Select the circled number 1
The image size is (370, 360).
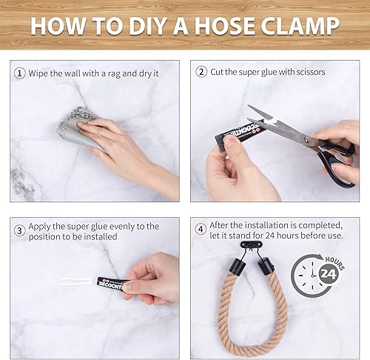point(19,73)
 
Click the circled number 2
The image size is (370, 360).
point(201,72)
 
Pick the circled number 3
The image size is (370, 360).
point(19,231)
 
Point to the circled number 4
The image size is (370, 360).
point(201,230)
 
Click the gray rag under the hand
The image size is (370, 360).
point(79,128)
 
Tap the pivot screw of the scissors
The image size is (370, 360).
point(306,139)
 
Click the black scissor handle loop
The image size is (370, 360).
point(338,169)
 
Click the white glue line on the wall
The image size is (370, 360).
point(78,281)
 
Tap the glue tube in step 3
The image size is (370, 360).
point(112,283)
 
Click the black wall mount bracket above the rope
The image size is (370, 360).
point(252,244)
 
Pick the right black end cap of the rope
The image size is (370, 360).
point(265,265)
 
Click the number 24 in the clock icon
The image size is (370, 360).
point(328,273)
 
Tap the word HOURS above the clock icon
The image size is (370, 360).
point(335,263)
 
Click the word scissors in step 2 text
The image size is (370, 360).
point(311,72)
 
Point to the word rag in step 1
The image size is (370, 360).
point(115,74)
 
